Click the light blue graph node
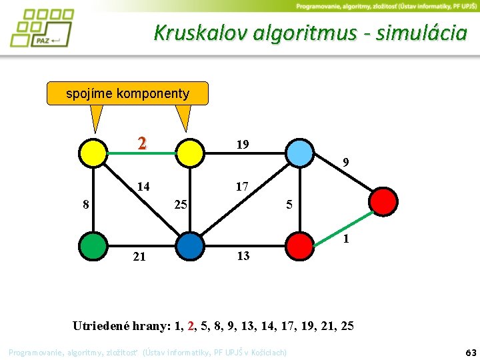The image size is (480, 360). [x=300, y=153]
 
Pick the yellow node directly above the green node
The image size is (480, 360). [x=93, y=153]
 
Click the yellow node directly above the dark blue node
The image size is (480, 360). [x=191, y=153]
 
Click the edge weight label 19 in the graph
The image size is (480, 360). [x=243, y=144]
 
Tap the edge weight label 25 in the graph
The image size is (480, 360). [x=181, y=203]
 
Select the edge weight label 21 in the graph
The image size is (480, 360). [x=139, y=256]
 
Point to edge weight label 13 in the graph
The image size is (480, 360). [x=243, y=255]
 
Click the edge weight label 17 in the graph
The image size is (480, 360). [x=241, y=187]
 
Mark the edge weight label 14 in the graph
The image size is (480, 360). [x=143, y=187]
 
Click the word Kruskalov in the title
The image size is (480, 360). [x=201, y=33]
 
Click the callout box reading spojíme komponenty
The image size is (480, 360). [x=127, y=93]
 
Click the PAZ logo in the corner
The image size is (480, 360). [x=41, y=28]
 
